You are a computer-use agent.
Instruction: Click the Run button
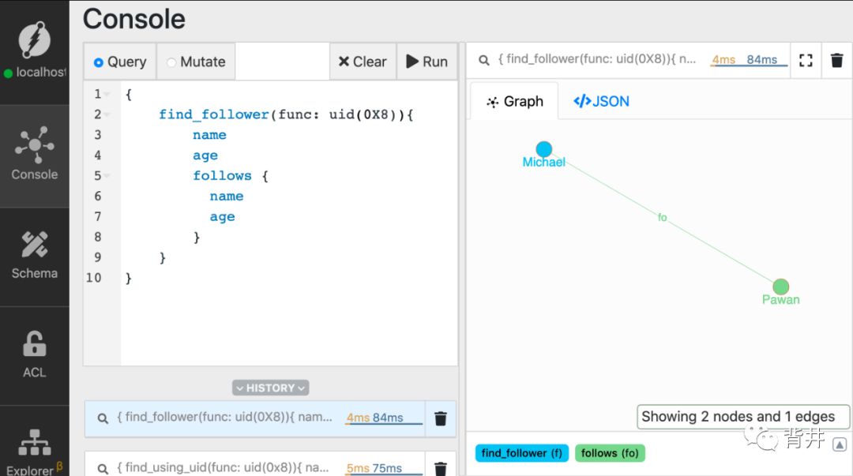click(426, 62)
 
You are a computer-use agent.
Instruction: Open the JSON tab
click(601, 101)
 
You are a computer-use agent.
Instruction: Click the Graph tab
click(514, 101)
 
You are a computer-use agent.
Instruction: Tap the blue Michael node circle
click(544, 149)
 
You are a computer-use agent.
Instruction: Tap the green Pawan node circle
click(780, 287)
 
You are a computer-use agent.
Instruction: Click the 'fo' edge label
click(662, 217)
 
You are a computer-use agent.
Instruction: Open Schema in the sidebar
click(34, 255)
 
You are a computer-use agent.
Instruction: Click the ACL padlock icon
click(34, 344)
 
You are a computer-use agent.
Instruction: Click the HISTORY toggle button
click(270, 388)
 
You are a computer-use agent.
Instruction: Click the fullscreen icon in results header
click(806, 60)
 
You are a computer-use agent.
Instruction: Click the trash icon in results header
click(837, 60)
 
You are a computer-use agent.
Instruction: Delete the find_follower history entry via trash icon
click(441, 418)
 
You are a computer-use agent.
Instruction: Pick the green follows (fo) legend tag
click(610, 453)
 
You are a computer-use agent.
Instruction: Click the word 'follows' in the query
click(222, 176)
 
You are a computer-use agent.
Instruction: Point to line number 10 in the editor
click(94, 278)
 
